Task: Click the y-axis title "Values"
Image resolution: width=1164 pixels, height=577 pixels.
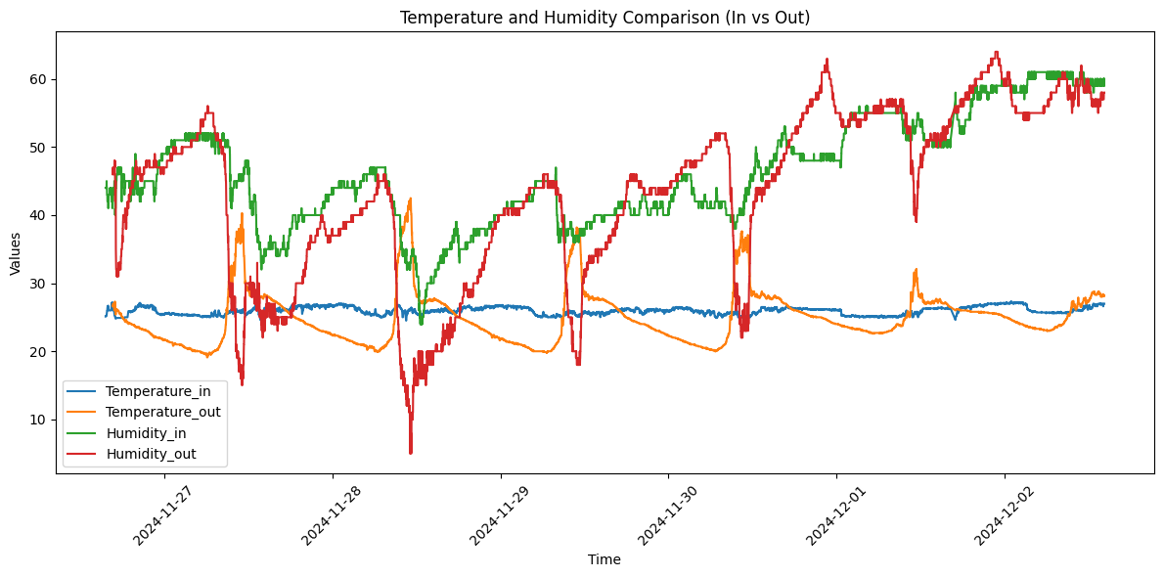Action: pyautogui.click(x=16, y=252)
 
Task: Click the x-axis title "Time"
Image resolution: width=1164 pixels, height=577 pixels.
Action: pyautogui.click(x=604, y=559)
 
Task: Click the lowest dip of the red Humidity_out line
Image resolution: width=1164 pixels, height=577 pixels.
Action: pyautogui.click(x=411, y=453)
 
